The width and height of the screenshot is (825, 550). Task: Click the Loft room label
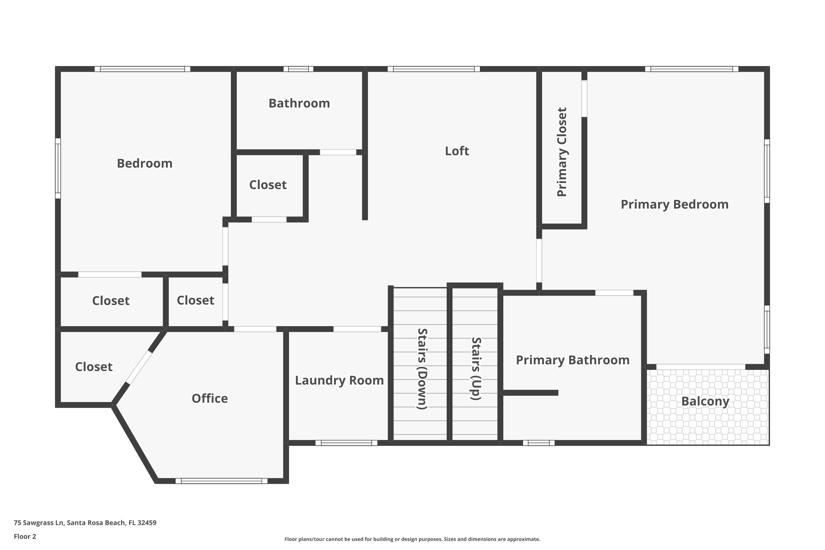[457, 151]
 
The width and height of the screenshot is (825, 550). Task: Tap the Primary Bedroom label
[674, 205]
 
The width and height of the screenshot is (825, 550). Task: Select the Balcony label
[705, 401]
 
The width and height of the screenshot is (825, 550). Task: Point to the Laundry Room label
[339, 381]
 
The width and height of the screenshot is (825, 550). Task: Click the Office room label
[210, 398]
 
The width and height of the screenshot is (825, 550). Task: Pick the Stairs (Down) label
[422, 369]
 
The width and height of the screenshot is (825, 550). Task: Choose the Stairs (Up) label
[476, 369]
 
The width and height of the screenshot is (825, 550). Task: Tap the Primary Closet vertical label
[562, 152]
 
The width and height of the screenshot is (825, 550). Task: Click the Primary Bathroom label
[573, 360]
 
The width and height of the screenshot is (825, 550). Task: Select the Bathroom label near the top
[299, 103]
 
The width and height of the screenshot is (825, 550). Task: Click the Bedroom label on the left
[145, 163]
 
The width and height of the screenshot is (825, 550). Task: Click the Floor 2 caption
[25, 536]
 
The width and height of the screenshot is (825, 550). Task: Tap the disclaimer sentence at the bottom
[412, 539]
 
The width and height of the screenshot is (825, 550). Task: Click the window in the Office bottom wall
[221, 481]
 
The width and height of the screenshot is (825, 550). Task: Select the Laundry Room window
[346, 443]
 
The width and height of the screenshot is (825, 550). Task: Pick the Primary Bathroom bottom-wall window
[538, 443]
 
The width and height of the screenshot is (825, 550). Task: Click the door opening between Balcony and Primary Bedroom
[700, 367]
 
